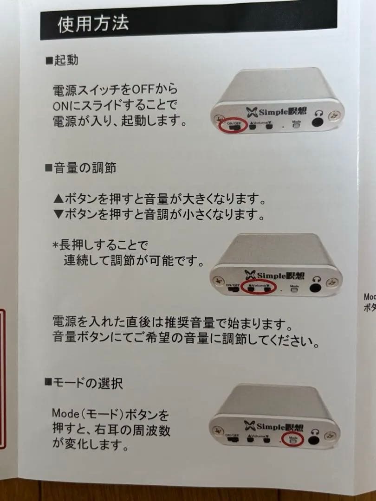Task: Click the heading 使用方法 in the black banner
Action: click(93, 24)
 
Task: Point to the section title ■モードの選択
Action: click(84, 383)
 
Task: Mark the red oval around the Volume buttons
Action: click(259, 288)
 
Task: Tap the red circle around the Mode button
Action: click(292, 439)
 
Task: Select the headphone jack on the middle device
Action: click(317, 287)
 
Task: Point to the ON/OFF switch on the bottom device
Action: click(233, 438)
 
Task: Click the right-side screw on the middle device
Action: click(333, 282)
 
